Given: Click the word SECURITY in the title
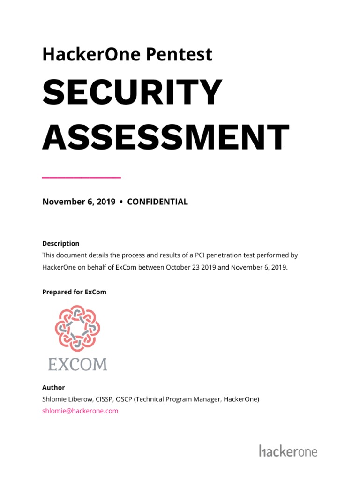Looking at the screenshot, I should pos(132,93).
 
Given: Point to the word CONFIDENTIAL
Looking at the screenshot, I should pos(157,202).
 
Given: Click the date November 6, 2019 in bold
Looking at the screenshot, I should pos(79,202).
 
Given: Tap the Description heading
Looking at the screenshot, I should pos(61,244).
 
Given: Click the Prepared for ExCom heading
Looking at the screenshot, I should pos(74,292).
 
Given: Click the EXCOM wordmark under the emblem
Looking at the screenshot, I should pos(78,363).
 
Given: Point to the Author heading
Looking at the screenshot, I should pos(53,388).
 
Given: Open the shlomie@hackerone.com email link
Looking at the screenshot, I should pos(80,411).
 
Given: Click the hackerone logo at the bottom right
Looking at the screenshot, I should pos(288,451).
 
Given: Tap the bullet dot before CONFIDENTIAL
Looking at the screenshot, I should pos(121,202).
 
